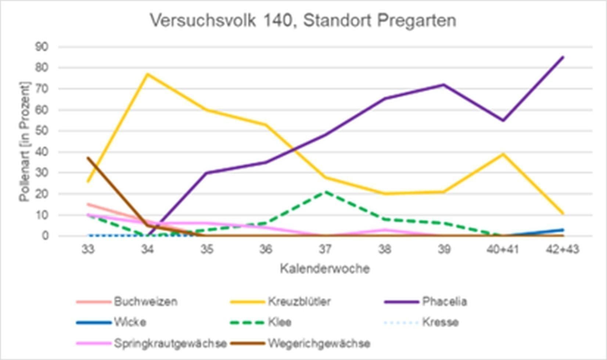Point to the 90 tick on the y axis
42,47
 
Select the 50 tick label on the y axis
42,131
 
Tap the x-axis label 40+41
503,250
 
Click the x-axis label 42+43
562,250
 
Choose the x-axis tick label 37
325,250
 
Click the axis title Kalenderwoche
325,269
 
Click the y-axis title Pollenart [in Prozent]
25,141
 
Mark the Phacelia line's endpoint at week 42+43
563,57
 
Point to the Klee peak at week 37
325,192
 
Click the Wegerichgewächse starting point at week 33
88,158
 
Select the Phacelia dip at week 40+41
503,120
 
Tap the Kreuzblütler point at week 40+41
503,154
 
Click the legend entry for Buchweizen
146,302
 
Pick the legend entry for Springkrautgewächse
170,343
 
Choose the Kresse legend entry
440,323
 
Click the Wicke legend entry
130,323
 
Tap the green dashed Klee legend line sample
247,323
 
